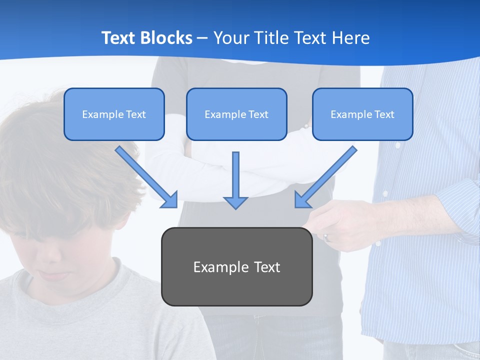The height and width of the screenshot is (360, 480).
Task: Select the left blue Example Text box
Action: coord(114,114)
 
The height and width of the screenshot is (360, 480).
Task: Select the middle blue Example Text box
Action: coord(236,114)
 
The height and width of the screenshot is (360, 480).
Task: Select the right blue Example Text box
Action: coord(362,114)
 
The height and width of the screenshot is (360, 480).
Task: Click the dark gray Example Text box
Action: coord(236,266)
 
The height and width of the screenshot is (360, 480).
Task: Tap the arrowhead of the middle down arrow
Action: coord(235,202)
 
